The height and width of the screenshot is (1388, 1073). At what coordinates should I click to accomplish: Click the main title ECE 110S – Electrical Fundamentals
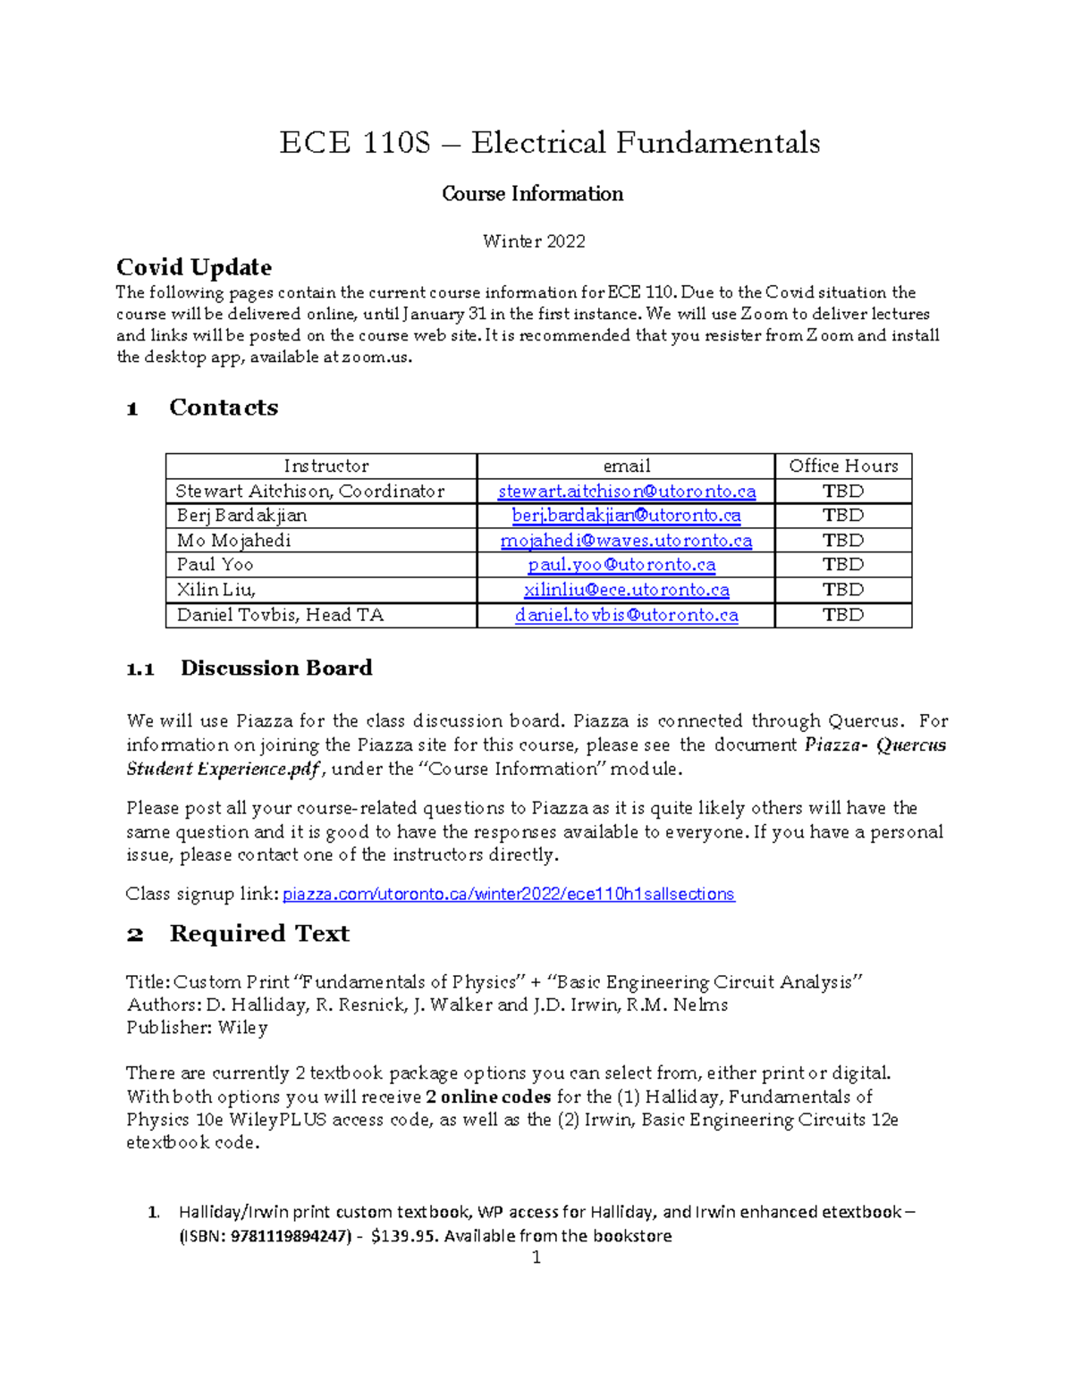[x=549, y=143]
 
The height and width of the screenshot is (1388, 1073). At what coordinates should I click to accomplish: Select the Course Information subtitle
[x=532, y=194]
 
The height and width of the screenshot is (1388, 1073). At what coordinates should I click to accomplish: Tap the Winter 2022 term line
[x=534, y=241]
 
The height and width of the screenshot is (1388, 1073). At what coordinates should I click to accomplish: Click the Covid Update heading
[x=194, y=267]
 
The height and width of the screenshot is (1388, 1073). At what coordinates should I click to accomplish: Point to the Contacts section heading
[x=224, y=408]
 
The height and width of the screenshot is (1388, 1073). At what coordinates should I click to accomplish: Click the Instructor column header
[x=325, y=466]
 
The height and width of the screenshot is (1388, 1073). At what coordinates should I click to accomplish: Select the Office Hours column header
[x=842, y=466]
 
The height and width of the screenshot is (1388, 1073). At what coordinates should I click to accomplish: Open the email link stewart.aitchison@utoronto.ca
[x=626, y=491]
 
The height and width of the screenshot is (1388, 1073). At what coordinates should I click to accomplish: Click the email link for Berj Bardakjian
[x=626, y=516]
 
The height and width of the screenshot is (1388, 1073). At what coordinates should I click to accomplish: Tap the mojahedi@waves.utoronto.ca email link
[x=626, y=541]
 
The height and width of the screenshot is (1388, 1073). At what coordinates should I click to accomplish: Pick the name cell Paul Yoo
[x=215, y=565]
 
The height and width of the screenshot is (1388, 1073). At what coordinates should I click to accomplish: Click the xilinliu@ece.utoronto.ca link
[x=626, y=590]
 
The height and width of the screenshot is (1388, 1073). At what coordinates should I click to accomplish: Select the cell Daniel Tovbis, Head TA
[x=280, y=615]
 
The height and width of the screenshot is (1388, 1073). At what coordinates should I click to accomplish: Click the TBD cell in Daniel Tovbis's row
[x=842, y=615]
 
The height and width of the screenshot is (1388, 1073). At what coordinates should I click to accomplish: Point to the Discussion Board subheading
[x=275, y=669]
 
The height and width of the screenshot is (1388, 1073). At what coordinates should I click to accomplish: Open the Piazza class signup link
[x=508, y=895]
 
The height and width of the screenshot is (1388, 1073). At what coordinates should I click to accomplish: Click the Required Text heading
[x=259, y=934]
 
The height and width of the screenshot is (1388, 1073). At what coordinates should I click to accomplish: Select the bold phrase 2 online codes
[x=488, y=1097]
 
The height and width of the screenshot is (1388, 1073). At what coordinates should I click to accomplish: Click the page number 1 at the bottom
[x=536, y=1258]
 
